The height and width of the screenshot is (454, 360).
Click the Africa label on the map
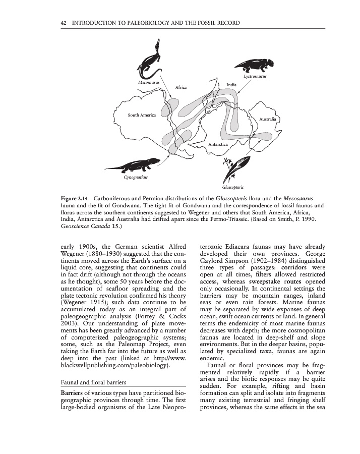pyautogui.click(x=181, y=87)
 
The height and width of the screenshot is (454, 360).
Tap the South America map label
pyautogui.click(x=142, y=115)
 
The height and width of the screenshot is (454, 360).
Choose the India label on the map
pyautogui.click(x=231, y=85)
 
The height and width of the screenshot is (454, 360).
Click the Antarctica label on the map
pyautogui.click(x=218, y=145)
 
